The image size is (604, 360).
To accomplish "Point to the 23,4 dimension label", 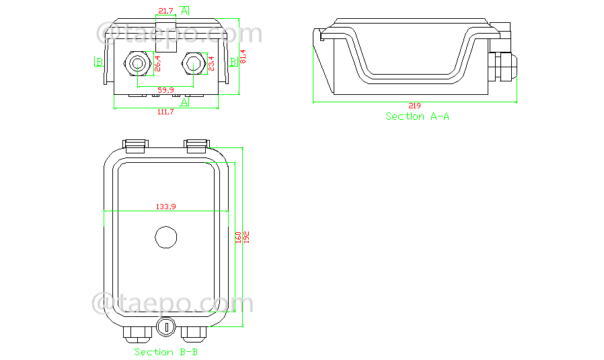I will (211, 63).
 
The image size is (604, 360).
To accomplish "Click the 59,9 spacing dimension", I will (165, 89).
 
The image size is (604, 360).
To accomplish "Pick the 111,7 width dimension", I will (165, 112).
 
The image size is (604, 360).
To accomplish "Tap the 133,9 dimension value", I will (165, 207).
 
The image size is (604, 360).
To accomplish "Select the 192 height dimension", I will (247, 237).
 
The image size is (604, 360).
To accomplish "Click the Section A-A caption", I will (417, 116).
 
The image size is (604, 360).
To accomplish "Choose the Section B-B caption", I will (165, 352).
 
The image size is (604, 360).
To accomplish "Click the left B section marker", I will (99, 63).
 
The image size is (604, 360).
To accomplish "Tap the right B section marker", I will (233, 62).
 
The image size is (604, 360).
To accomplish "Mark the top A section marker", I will (185, 10).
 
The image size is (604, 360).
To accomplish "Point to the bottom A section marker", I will (185, 102).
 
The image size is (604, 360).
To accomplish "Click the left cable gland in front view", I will (137, 65).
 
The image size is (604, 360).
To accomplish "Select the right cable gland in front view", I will (193, 64).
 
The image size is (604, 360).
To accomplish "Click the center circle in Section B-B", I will (165, 237).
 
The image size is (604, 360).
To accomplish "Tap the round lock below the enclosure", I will (165, 328).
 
